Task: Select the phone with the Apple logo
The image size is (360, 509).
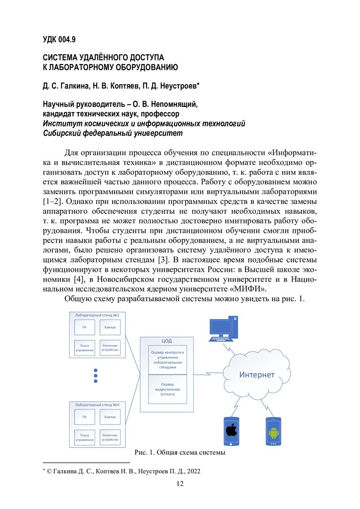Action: [231, 431]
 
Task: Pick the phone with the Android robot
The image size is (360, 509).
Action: [274, 431]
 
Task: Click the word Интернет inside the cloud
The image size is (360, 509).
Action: [257, 375]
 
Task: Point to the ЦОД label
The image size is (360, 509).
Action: [166, 341]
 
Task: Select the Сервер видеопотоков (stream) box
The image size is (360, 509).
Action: [167, 389]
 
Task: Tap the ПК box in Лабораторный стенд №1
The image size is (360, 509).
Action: [84, 327]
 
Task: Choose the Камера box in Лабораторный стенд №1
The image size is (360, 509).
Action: [110, 327]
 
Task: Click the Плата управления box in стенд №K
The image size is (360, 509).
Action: [84, 437]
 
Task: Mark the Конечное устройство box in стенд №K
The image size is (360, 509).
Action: [110, 437]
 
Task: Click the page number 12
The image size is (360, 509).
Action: [180, 484]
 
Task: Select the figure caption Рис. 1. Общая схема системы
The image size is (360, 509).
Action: [180, 453]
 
